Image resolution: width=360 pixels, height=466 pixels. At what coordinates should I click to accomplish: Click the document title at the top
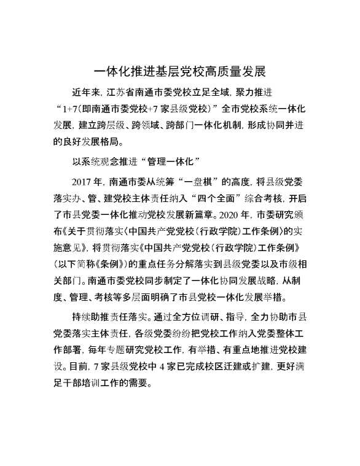179,72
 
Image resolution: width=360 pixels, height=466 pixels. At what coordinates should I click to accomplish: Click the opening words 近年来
85,93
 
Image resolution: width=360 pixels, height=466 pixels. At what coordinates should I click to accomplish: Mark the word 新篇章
191,214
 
